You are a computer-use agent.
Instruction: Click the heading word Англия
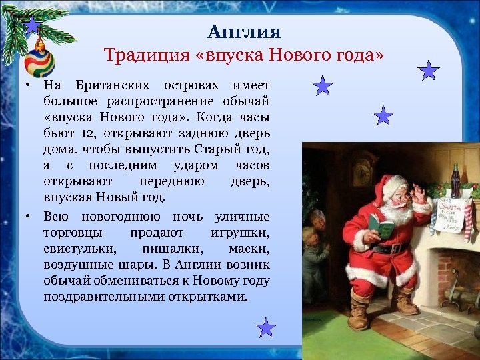(244, 31)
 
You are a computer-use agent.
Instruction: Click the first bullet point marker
(22, 85)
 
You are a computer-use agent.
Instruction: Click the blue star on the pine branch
(32, 26)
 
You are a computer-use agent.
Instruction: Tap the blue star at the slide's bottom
(266, 328)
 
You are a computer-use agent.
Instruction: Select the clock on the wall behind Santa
(361, 172)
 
